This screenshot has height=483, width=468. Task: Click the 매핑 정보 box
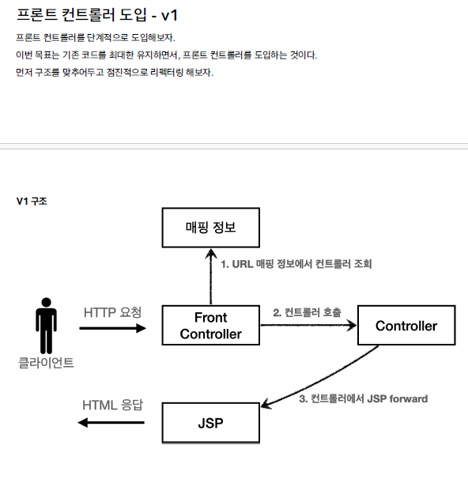[x=210, y=228]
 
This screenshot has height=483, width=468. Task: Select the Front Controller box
[x=210, y=326]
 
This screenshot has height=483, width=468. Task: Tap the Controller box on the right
[x=406, y=326]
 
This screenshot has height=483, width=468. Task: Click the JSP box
[x=210, y=423]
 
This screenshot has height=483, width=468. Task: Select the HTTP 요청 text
[x=113, y=311]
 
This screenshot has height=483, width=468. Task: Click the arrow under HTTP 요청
[x=113, y=328]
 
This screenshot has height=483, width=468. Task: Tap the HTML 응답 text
[x=113, y=406]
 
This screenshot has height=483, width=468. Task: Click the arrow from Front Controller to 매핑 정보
[x=210, y=277]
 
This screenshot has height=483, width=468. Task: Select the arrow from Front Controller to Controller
[x=308, y=325]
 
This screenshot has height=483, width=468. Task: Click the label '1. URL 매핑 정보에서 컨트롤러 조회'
[x=296, y=264]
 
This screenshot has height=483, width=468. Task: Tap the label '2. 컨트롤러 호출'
[x=307, y=312]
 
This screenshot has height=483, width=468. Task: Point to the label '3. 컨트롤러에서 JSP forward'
[x=364, y=399]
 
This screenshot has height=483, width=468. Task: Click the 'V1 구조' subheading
[x=32, y=202]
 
